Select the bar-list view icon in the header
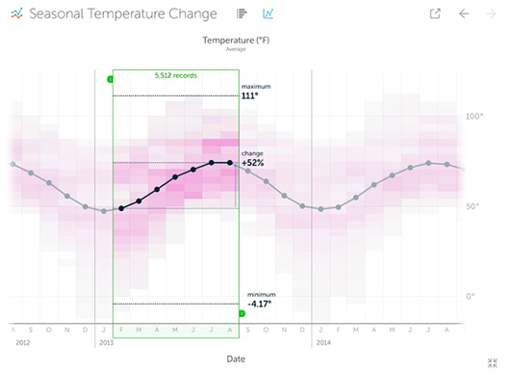tap(242, 14)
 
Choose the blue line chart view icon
tap(268, 14)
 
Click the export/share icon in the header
tap(435, 14)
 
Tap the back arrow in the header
tap(464, 14)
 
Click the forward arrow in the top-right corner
tap(492, 14)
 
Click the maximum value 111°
tap(251, 96)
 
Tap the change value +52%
tap(253, 163)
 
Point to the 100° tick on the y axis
tap(474, 117)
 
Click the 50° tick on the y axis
tap(472, 206)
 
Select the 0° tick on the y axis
tap(471, 296)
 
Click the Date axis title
tap(236, 359)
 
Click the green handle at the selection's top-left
tap(110, 78)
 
